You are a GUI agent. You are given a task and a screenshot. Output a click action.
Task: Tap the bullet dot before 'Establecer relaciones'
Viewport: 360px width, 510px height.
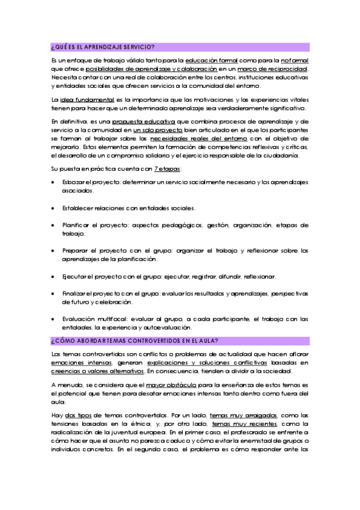click(55, 207)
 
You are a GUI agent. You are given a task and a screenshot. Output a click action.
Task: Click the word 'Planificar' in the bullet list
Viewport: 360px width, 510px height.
click(76, 225)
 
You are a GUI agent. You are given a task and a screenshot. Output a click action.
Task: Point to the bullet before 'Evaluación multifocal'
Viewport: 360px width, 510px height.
click(55, 319)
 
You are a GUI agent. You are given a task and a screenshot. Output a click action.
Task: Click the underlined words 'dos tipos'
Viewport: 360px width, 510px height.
click(78, 414)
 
